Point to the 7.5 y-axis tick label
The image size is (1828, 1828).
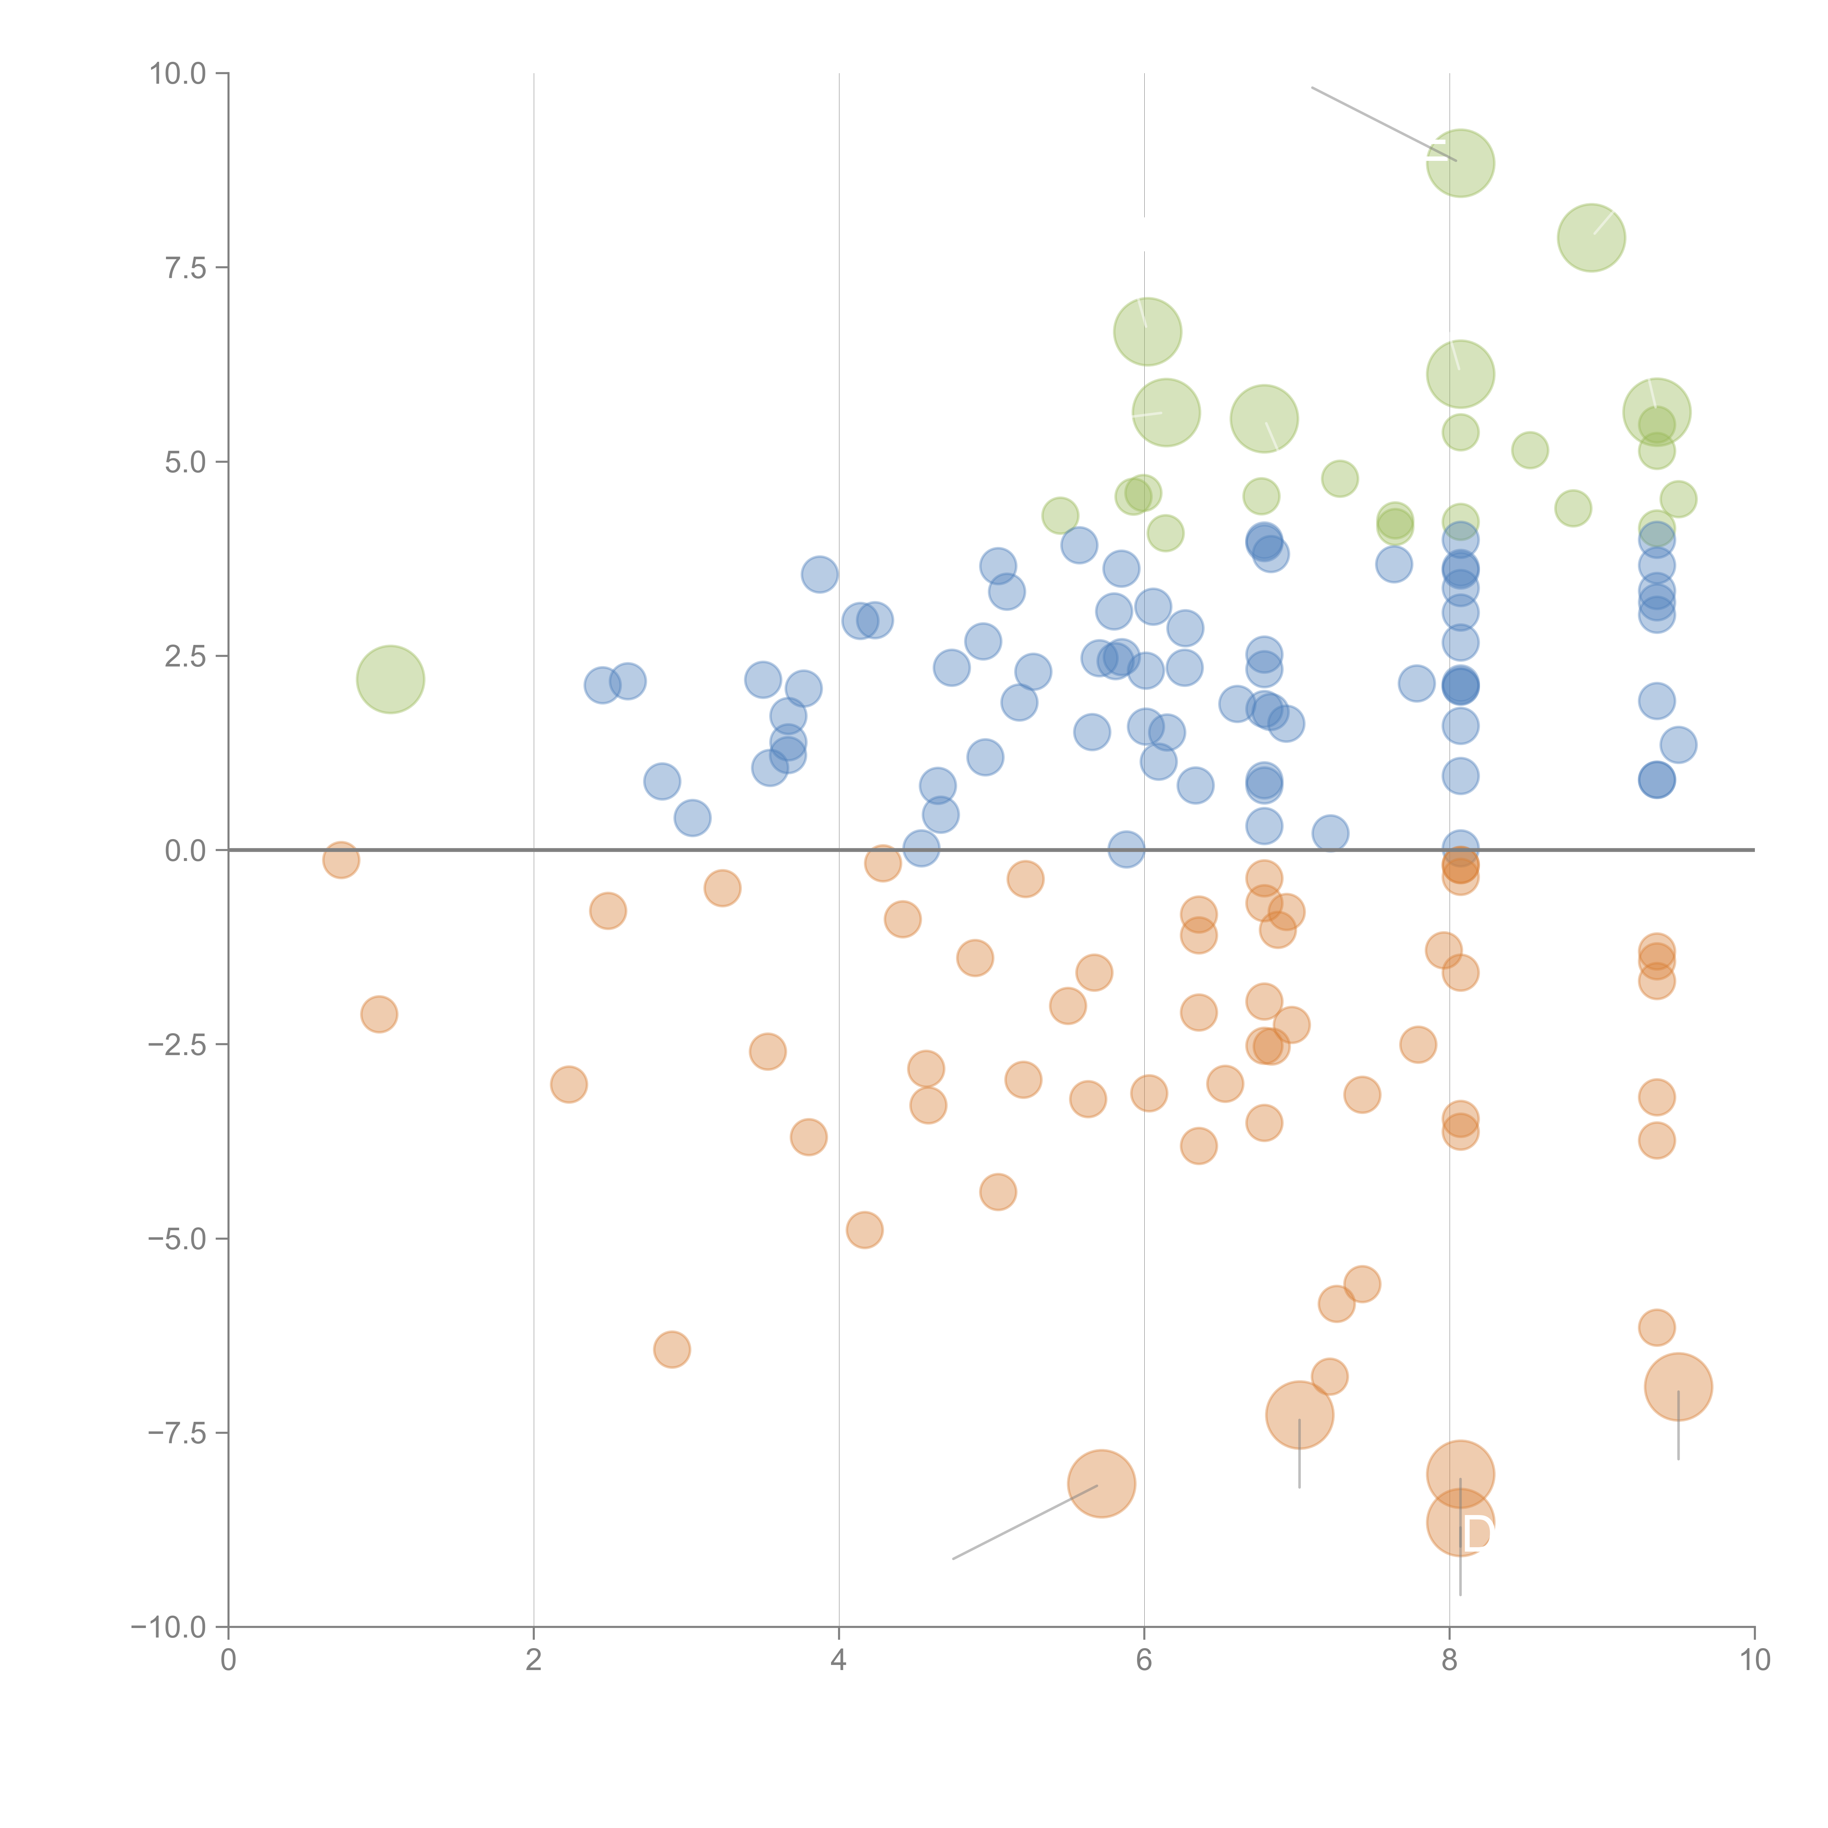[x=185, y=268]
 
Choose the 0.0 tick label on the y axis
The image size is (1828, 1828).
[x=185, y=851]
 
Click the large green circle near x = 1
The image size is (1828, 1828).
[x=390, y=679]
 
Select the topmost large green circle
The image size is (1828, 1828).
[x=1460, y=163]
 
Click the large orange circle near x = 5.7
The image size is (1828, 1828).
[x=1101, y=1484]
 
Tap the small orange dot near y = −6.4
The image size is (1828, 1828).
[x=672, y=1349]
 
